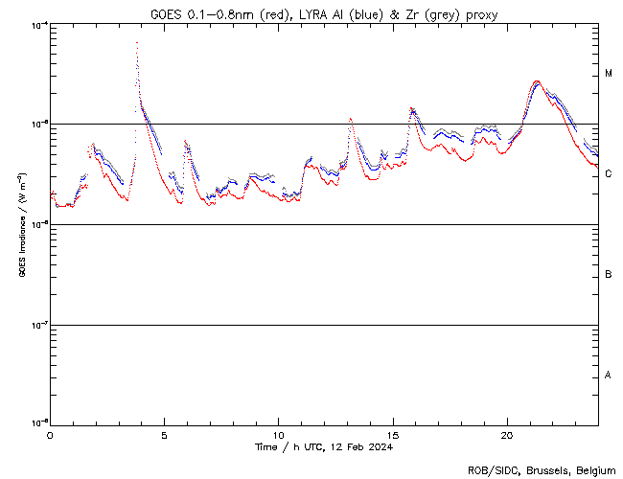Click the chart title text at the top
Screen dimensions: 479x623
[324, 13]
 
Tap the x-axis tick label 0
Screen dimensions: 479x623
[50, 433]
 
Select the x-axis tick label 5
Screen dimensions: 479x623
[164, 433]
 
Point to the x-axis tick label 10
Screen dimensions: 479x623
[278, 433]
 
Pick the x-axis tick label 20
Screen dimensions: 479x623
[507, 433]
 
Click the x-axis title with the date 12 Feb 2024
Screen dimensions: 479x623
[324, 446]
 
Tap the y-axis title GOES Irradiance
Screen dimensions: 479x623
[20, 224]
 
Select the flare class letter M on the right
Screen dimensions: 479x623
[609, 74]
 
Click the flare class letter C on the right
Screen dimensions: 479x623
[609, 174]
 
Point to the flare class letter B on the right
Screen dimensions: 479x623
[609, 275]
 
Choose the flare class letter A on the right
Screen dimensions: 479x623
[609, 375]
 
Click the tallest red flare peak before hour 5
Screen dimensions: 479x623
[137, 43]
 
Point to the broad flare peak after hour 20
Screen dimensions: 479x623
[537, 82]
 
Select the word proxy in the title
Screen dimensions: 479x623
[480, 13]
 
